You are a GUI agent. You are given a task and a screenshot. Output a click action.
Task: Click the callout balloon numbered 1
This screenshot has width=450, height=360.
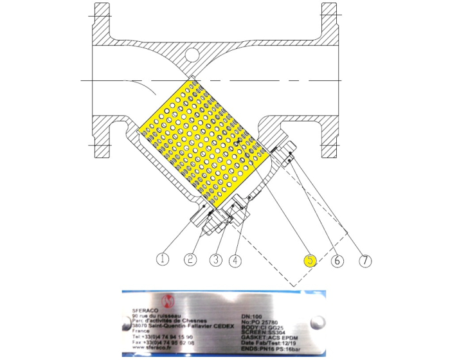(x=164, y=259)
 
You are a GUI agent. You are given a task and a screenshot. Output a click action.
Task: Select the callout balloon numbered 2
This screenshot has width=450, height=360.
(x=190, y=260)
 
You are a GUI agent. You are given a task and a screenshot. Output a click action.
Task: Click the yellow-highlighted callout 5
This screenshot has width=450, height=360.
(x=310, y=260)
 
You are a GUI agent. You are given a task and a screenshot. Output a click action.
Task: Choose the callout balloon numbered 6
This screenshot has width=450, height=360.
(x=338, y=260)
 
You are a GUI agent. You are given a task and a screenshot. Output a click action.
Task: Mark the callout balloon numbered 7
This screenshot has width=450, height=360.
(x=364, y=260)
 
